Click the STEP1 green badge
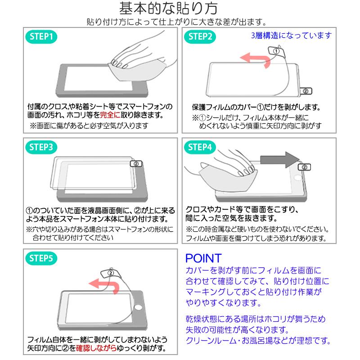pos(43,37)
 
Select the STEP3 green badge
pos(43,147)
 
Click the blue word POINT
pos(203,259)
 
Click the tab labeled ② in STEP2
pos(306,91)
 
